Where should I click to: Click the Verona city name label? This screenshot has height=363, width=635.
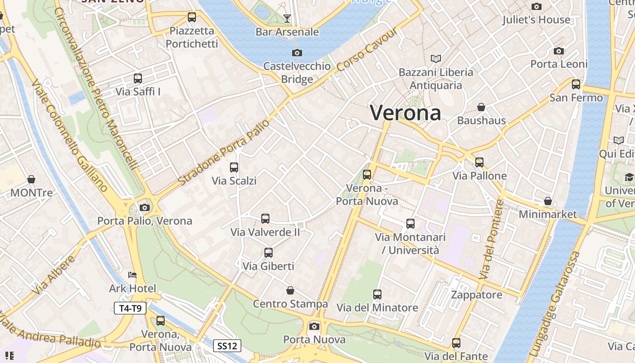[405, 113]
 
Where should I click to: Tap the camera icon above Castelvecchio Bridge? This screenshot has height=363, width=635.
[297, 53]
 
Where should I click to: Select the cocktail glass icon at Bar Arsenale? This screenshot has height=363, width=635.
[287, 19]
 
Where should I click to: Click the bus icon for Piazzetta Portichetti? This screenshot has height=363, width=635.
[192, 18]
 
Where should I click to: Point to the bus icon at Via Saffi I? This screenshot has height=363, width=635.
[138, 78]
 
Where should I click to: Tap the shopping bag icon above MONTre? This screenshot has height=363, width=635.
[31, 180]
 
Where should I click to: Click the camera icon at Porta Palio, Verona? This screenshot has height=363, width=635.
[145, 208]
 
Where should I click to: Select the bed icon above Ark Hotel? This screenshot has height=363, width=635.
[132, 275]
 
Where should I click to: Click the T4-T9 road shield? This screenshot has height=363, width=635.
[130, 309]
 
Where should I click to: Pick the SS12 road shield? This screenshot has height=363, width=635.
[227, 346]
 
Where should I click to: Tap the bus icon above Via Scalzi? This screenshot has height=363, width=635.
[234, 167]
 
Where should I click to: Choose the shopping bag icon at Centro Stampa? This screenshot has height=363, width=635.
[290, 290]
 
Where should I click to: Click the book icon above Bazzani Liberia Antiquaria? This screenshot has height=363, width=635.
[435, 59]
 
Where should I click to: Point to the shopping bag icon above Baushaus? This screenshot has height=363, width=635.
[481, 108]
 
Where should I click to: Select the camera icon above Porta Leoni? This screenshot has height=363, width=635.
[559, 51]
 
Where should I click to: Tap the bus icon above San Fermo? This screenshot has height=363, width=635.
[576, 84]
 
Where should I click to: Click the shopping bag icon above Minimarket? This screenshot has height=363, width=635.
[548, 201]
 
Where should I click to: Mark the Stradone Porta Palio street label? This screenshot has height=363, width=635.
[224, 152]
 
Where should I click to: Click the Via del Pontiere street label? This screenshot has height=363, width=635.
[492, 239]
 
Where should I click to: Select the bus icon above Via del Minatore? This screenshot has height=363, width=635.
[377, 294]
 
